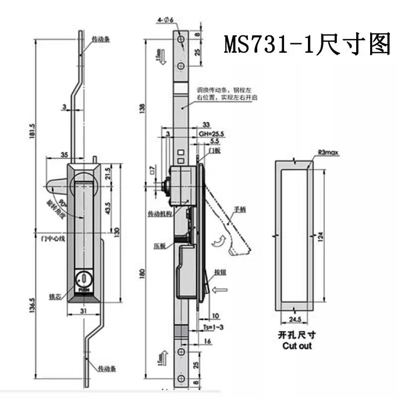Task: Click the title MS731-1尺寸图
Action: pos(307,45)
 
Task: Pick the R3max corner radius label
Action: pos(327,154)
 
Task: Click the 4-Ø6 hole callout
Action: pos(165,20)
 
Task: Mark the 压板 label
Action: pos(159,245)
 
